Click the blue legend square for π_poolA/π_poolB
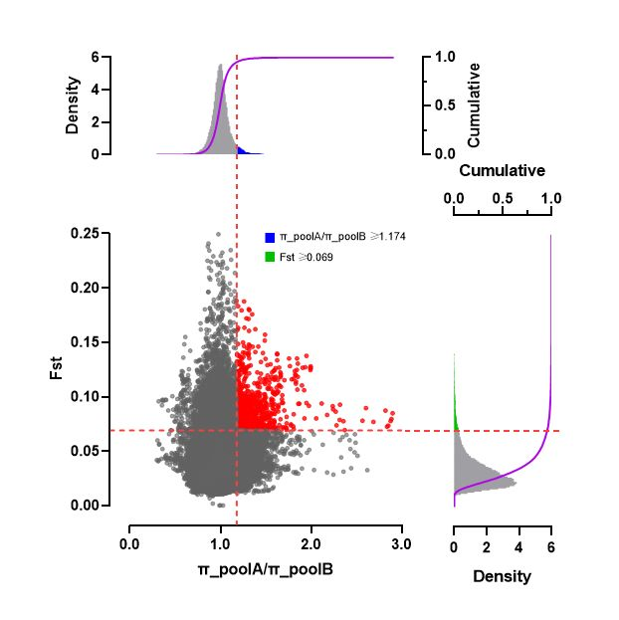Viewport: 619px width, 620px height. click(x=270, y=237)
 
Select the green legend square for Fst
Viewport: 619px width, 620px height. click(x=270, y=257)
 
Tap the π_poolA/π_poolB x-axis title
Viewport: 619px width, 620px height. click(x=265, y=570)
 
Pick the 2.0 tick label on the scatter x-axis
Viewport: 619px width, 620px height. click(x=310, y=543)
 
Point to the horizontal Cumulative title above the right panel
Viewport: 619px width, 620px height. click(x=503, y=170)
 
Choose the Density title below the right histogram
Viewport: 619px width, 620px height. click(x=503, y=576)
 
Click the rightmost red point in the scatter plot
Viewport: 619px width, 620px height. click(x=392, y=413)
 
